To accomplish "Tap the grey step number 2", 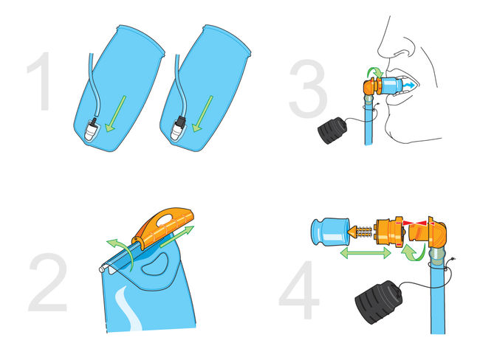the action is point(48,282).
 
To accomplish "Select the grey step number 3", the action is point(308,89).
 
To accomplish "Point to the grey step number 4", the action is point(299,290).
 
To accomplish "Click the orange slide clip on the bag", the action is point(163,228).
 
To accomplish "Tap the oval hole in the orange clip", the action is point(165,219).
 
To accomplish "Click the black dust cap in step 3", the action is point(332,131).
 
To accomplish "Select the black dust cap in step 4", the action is point(379,302).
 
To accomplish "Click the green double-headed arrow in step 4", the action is point(366,253).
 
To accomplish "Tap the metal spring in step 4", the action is point(364,232).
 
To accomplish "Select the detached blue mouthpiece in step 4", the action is point(330,231).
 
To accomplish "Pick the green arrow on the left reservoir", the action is point(115,114).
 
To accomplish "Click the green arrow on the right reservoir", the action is point(202,114).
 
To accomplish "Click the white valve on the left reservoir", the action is point(90,130).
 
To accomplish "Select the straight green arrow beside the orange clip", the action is point(177,236).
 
